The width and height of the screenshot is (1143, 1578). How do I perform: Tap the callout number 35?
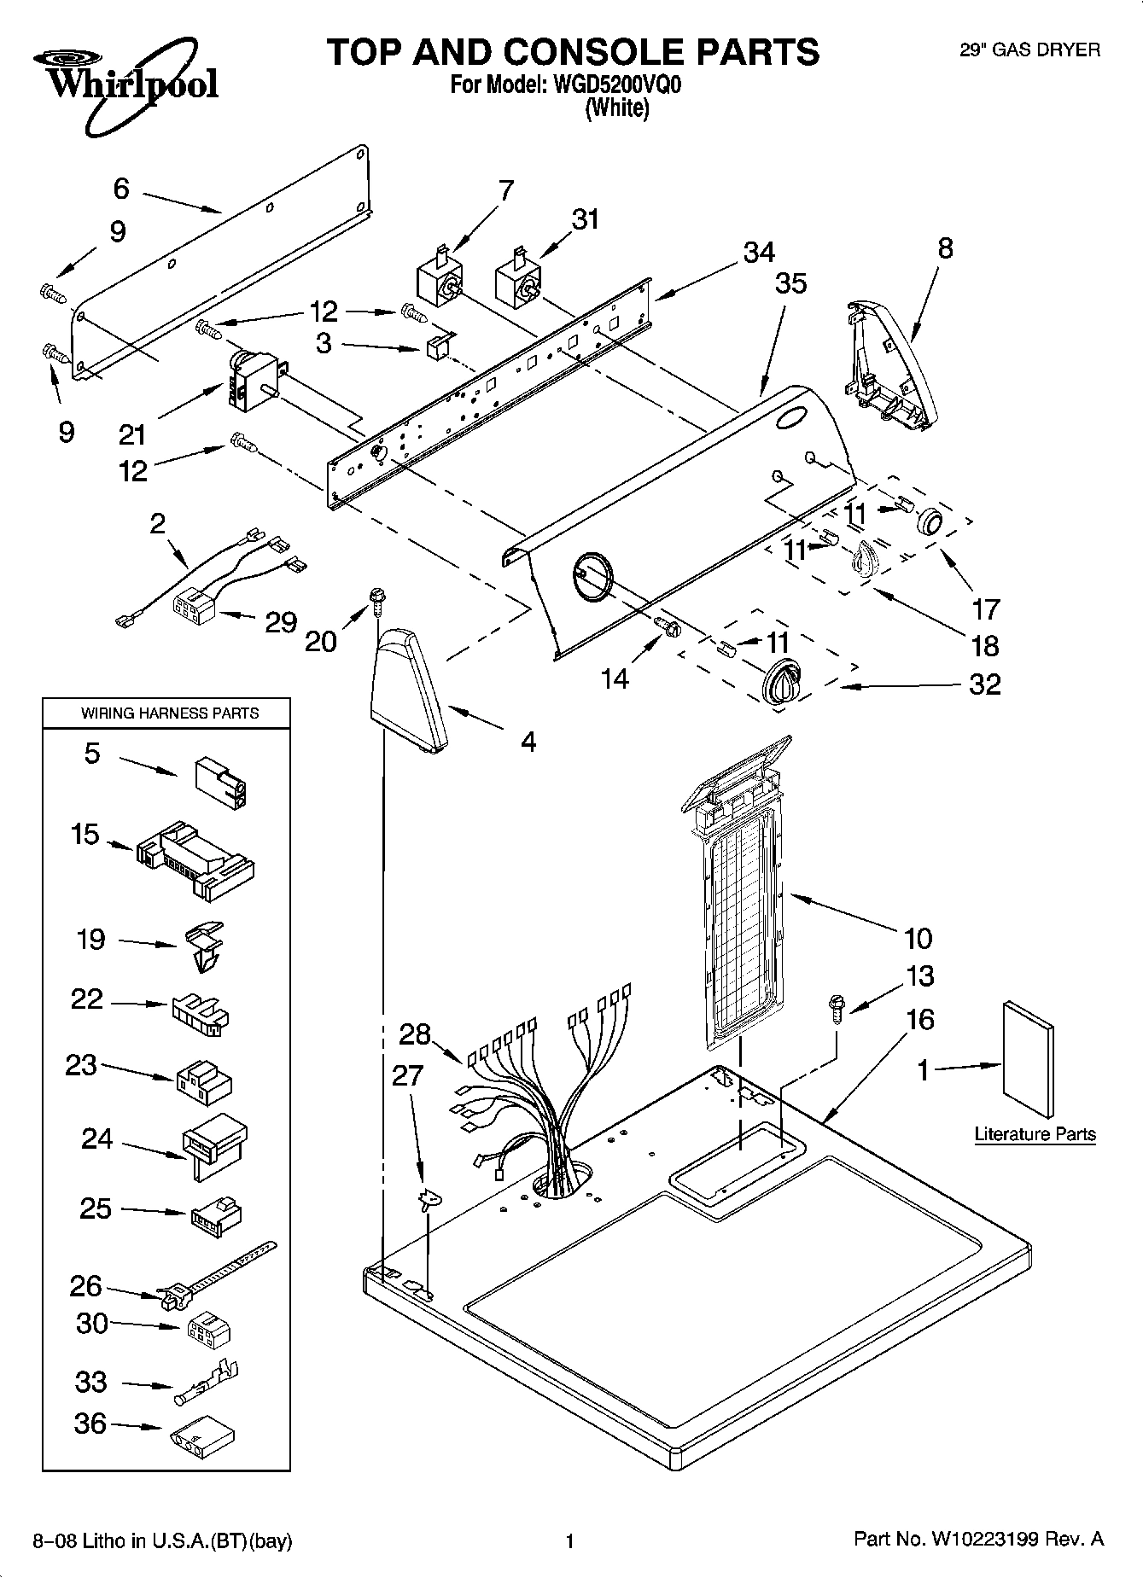[790, 283]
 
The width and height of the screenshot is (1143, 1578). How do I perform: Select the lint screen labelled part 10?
[739, 896]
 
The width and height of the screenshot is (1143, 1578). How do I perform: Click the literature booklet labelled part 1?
[1029, 1059]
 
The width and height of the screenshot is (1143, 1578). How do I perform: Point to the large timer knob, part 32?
[781, 682]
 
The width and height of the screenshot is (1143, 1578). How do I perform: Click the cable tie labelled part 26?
[213, 1277]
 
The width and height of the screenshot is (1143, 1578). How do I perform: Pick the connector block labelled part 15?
[195, 861]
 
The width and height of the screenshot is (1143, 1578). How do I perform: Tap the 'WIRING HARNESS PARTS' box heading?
[169, 713]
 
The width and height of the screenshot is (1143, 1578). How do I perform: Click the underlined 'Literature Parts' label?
[1035, 1134]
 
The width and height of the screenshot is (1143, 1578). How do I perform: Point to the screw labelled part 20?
[375, 601]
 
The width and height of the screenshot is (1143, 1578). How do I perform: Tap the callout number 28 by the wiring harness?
[415, 1034]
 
